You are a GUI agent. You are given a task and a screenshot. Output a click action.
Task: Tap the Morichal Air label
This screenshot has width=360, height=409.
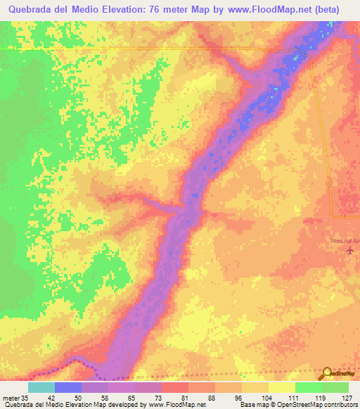coord(345,241)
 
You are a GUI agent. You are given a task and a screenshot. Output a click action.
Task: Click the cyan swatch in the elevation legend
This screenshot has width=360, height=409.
coord(41,387)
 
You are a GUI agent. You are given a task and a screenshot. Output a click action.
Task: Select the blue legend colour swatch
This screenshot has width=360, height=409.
coord(68,387)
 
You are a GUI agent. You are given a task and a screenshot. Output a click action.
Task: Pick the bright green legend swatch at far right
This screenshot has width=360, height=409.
coord(335,387)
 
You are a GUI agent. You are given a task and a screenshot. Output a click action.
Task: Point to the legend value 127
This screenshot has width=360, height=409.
coord(347,398)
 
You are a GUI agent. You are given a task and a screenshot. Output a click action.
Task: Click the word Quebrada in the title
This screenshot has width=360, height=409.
coord(30,9)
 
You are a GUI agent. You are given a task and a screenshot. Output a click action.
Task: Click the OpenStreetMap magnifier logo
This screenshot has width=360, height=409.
coord(327,372)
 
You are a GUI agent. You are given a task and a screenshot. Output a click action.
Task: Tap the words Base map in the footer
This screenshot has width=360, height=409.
coord(252,405)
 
